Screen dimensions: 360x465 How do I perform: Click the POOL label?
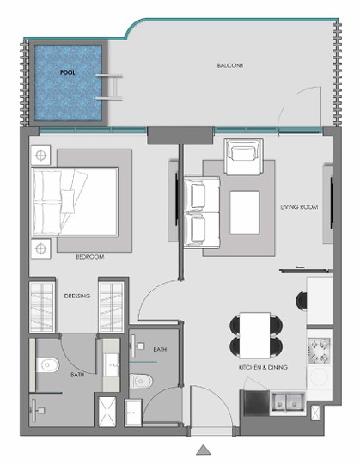[67, 72]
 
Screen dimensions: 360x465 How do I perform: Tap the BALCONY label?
[230, 65]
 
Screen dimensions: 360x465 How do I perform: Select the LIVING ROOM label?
[299, 207]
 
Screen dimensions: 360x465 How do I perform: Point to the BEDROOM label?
[90, 257]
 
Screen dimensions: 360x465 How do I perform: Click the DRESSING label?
[77, 296]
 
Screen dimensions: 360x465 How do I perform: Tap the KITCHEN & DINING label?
[263, 367]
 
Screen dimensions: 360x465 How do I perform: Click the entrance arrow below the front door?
[204, 450]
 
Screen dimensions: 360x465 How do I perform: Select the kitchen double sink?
[287, 402]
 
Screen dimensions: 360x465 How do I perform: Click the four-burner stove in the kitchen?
[319, 351]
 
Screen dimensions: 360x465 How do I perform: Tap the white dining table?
[254, 335]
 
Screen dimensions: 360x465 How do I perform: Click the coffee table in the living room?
[245, 212]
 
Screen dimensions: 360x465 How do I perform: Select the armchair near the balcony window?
[244, 156]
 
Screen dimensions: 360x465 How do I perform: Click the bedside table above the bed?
[41, 155]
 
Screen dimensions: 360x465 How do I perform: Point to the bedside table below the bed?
[41, 248]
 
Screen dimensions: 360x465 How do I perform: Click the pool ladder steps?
[110, 88]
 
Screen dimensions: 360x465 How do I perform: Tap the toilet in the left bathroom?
[48, 364]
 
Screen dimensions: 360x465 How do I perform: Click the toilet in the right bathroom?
[141, 381]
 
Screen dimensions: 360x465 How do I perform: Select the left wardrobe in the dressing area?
[42, 307]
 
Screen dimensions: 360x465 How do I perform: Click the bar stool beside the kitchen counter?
[302, 302]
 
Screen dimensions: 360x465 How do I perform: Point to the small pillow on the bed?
[68, 202]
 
